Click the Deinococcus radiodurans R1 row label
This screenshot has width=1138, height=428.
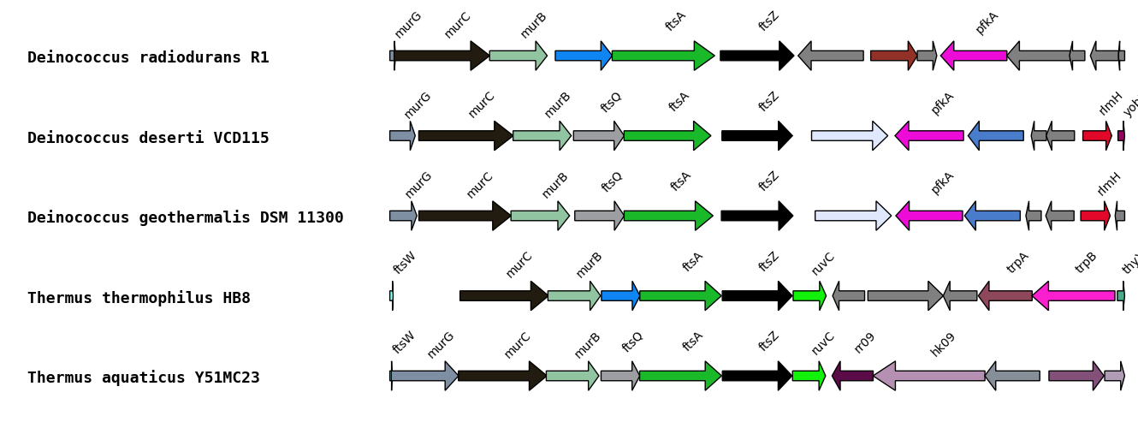click(148, 57)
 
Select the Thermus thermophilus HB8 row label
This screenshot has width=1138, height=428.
click(139, 298)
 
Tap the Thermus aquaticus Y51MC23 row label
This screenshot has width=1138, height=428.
click(144, 377)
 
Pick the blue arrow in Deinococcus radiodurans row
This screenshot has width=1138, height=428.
click(583, 56)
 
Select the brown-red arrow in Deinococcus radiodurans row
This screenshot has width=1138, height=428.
click(892, 56)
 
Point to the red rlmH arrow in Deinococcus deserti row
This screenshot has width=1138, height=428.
click(1096, 135)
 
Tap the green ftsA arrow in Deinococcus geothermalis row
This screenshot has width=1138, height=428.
click(667, 216)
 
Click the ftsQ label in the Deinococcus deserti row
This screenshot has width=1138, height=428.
click(611, 102)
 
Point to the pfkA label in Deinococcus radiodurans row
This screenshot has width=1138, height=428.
click(987, 22)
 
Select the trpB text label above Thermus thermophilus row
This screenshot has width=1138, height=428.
click(1085, 262)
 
